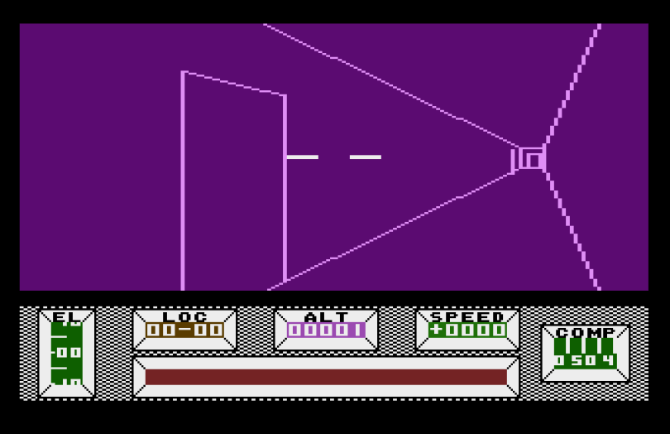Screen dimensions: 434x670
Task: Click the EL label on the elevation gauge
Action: point(66,316)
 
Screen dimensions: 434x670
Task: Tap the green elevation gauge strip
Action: point(66,353)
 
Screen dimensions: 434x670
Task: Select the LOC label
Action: point(184,316)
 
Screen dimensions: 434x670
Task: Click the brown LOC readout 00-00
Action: point(184,330)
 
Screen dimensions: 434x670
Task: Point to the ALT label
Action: point(326,316)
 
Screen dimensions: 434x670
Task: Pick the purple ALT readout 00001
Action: point(326,330)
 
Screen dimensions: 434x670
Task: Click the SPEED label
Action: point(467,316)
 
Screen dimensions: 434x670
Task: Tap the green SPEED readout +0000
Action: point(467,330)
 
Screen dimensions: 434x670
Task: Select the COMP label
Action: point(585,332)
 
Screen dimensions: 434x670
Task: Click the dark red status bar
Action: point(326,377)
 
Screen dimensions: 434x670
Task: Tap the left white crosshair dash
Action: point(302,157)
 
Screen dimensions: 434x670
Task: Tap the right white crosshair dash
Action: point(365,157)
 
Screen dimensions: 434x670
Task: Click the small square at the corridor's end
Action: point(532,159)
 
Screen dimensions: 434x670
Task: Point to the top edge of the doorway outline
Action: point(233,83)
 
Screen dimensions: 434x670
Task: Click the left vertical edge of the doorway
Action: point(183,182)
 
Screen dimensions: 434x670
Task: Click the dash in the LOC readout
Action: point(184,330)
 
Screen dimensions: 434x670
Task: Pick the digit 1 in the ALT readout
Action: point(360,330)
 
